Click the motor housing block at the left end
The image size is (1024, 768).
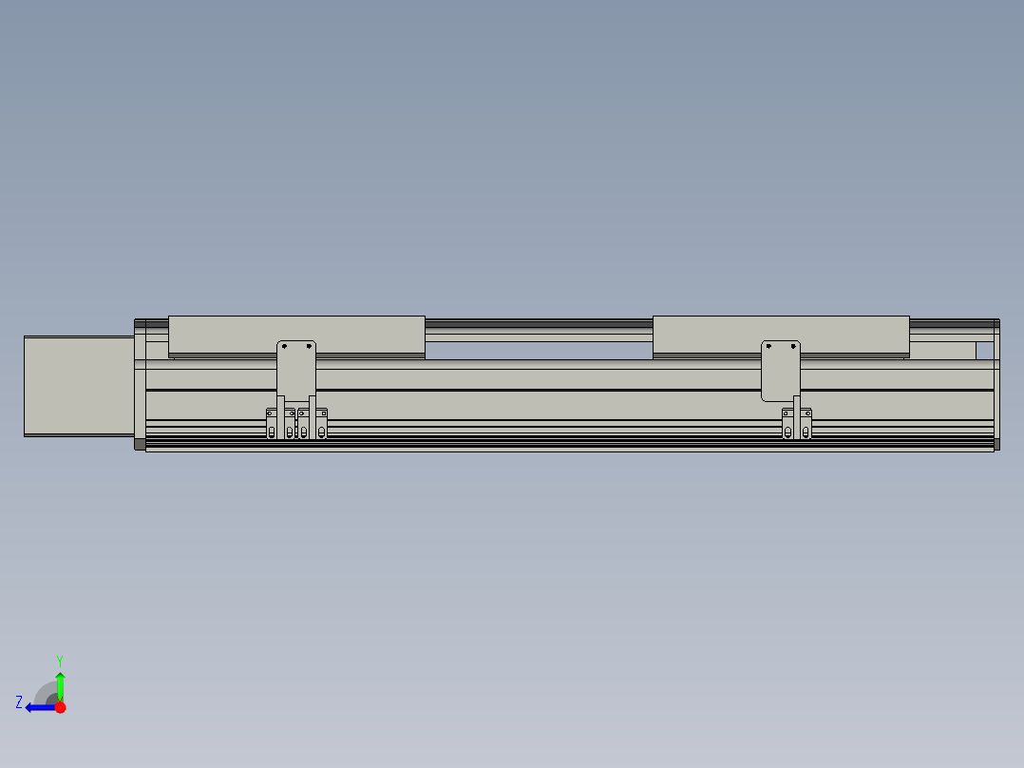click(x=79, y=386)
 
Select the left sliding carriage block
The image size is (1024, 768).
click(x=296, y=334)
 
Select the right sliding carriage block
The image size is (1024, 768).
click(x=781, y=334)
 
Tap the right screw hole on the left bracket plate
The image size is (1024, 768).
click(x=309, y=346)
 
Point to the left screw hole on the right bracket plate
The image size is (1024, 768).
click(x=768, y=346)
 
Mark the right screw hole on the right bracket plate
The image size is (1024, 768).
click(x=793, y=346)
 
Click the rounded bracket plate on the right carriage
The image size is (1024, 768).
click(x=781, y=371)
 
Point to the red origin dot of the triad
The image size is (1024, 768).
click(x=60, y=707)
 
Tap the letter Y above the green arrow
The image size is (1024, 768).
click(x=59, y=660)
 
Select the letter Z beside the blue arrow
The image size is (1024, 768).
click(x=19, y=702)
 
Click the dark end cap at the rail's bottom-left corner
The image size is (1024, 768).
click(x=141, y=444)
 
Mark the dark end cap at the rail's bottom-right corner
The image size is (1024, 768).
click(x=997, y=444)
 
